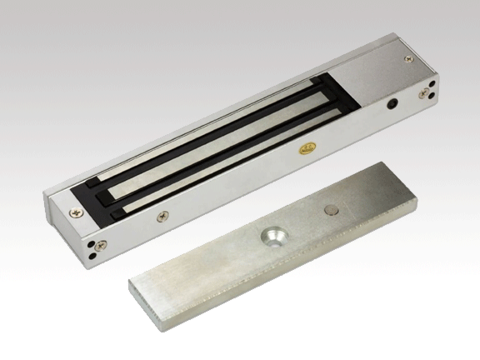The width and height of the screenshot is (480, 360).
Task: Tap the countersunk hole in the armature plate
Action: point(273,235)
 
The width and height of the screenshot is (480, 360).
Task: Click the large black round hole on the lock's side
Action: point(392,107)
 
